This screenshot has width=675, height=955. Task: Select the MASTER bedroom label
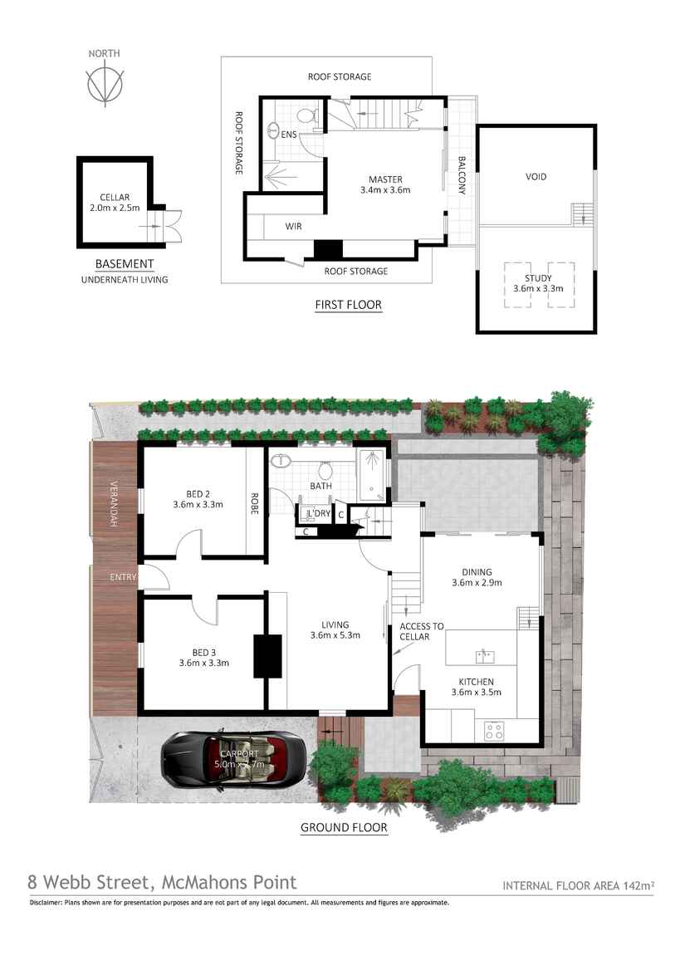[x=385, y=179]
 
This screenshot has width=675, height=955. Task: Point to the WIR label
[x=293, y=226]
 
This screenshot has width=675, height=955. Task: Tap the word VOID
[x=536, y=177]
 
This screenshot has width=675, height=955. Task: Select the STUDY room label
[x=538, y=277]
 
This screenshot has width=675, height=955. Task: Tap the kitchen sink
[x=486, y=657]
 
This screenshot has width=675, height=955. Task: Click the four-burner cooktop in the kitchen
[x=494, y=731]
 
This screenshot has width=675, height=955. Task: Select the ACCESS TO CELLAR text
[x=421, y=631]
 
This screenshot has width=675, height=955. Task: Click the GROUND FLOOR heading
[x=344, y=827]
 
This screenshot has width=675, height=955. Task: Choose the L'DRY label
[x=320, y=514]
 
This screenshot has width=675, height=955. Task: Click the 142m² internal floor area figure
[x=637, y=886]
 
